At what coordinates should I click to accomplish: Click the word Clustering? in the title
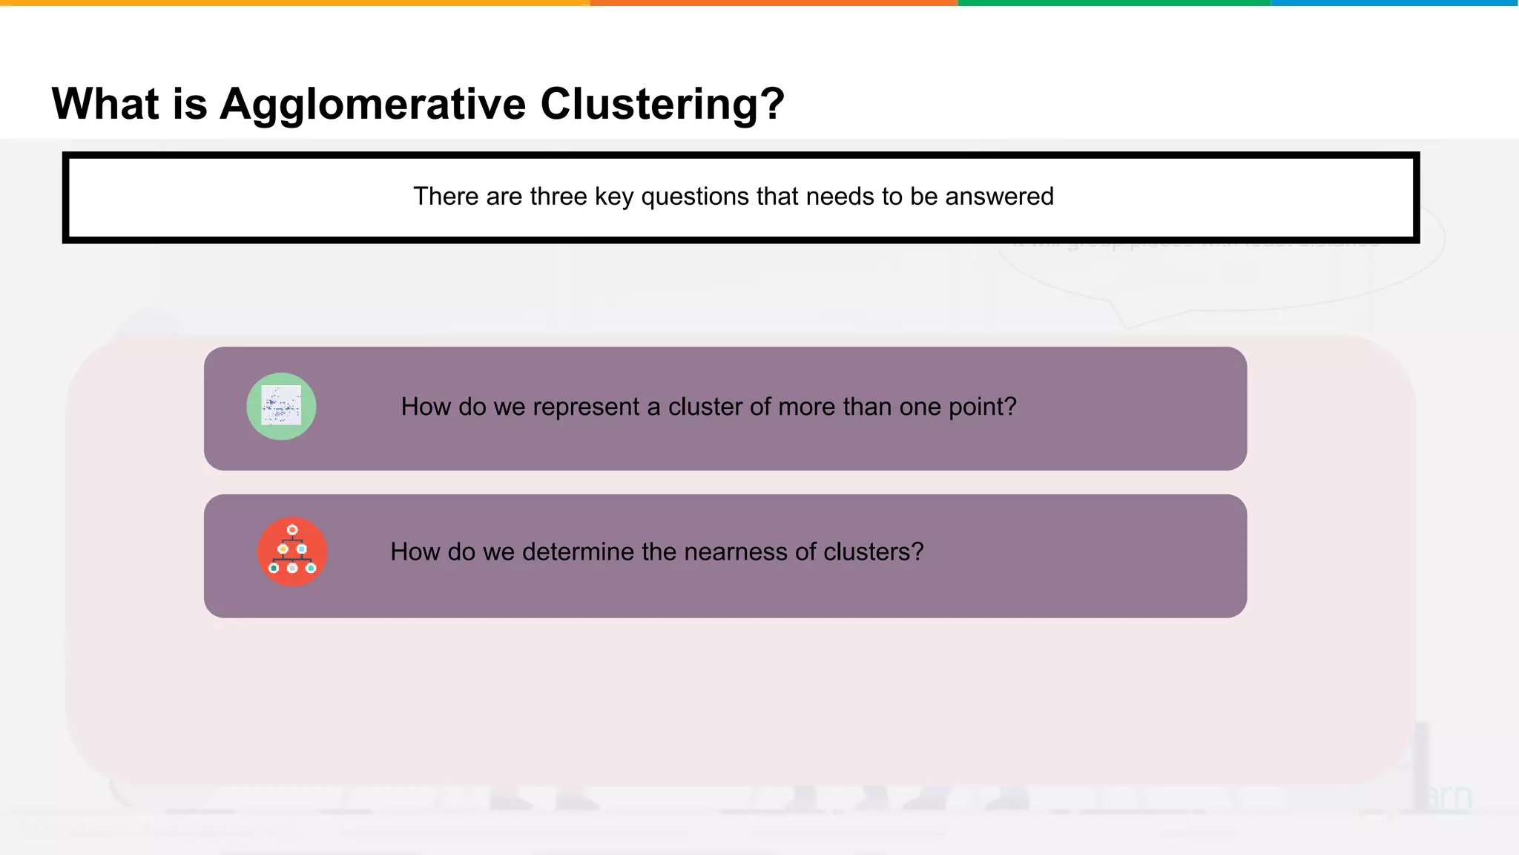[x=662, y=104]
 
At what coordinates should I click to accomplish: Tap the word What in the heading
[x=105, y=103]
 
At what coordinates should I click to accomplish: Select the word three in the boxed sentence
[x=558, y=197]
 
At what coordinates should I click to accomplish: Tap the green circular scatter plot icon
[x=281, y=407]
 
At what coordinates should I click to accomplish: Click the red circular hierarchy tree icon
[x=292, y=551]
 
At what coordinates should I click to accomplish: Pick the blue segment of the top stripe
[x=1394, y=3]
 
